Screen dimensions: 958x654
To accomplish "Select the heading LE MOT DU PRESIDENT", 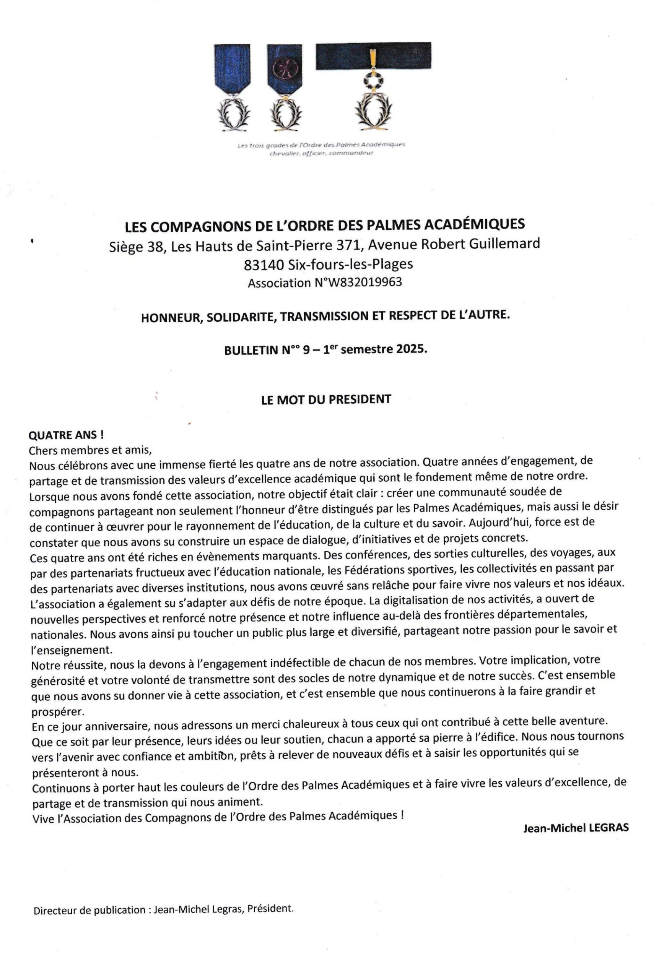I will coord(326,399).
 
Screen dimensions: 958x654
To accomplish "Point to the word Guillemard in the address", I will coord(504,244).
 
